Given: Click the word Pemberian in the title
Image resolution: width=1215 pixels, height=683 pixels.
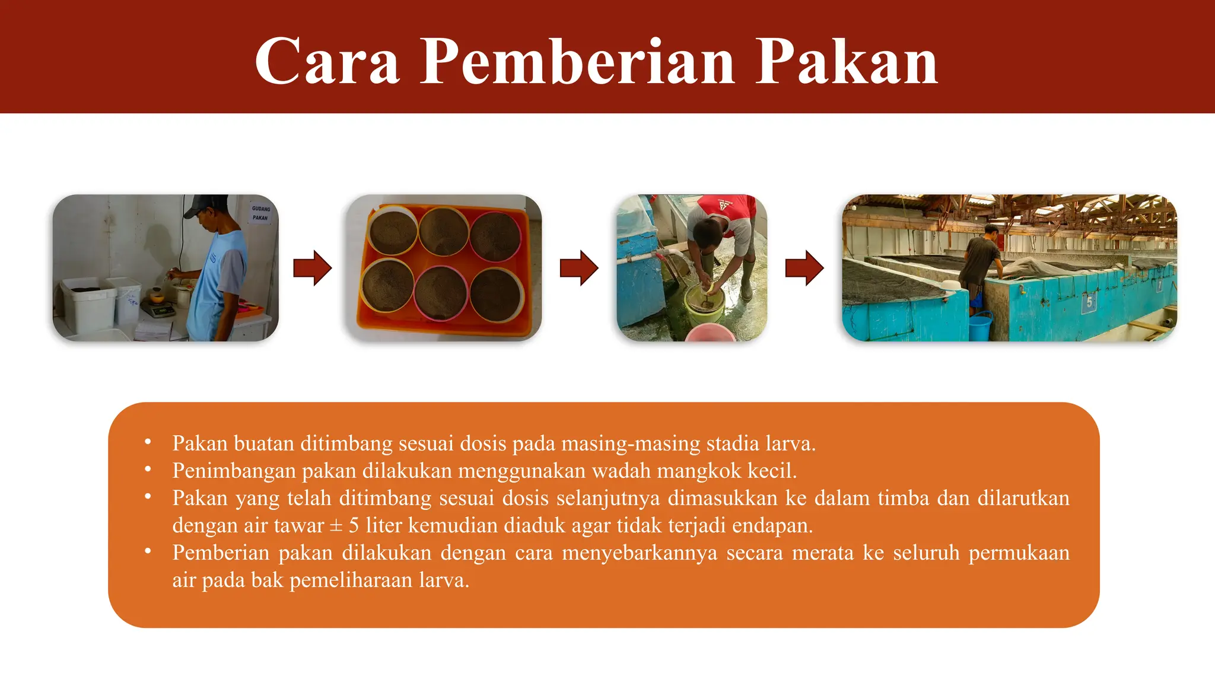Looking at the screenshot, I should pyautogui.click(x=577, y=62).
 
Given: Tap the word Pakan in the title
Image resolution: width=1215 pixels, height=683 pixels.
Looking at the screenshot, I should pyautogui.click(x=847, y=62).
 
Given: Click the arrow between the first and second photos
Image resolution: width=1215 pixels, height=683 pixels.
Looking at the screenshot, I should pyautogui.click(x=312, y=268).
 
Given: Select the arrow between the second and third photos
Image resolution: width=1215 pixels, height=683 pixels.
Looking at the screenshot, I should pyautogui.click(x=578, y=268).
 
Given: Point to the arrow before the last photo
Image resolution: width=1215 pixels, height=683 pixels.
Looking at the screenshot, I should pyautogui.click(x=804, y=268).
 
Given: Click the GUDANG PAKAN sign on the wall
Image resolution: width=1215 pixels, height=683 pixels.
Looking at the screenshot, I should pyautogui.click(x=260, y=213).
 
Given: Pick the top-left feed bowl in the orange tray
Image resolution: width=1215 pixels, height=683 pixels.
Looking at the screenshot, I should pyautogui.click(x=392, y=231).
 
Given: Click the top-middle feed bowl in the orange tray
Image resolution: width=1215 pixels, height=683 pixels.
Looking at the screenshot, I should pyautogui.click(x=444, y=231).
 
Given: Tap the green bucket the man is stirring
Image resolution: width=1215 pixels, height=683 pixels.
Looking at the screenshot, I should pyautogui.click(x=705, y=304).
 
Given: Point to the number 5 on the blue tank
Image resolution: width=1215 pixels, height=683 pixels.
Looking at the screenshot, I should pyautogui.click(x=1089, y=302).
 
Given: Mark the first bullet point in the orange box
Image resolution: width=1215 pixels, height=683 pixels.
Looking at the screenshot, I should pyautogui.click(x=148, y=442).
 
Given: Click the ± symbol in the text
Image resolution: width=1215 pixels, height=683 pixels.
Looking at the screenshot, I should pyautogui.click(x=336, y=526).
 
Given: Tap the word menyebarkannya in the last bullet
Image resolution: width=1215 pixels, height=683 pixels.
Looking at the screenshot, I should pyautogui.click(x=639, y=553).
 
